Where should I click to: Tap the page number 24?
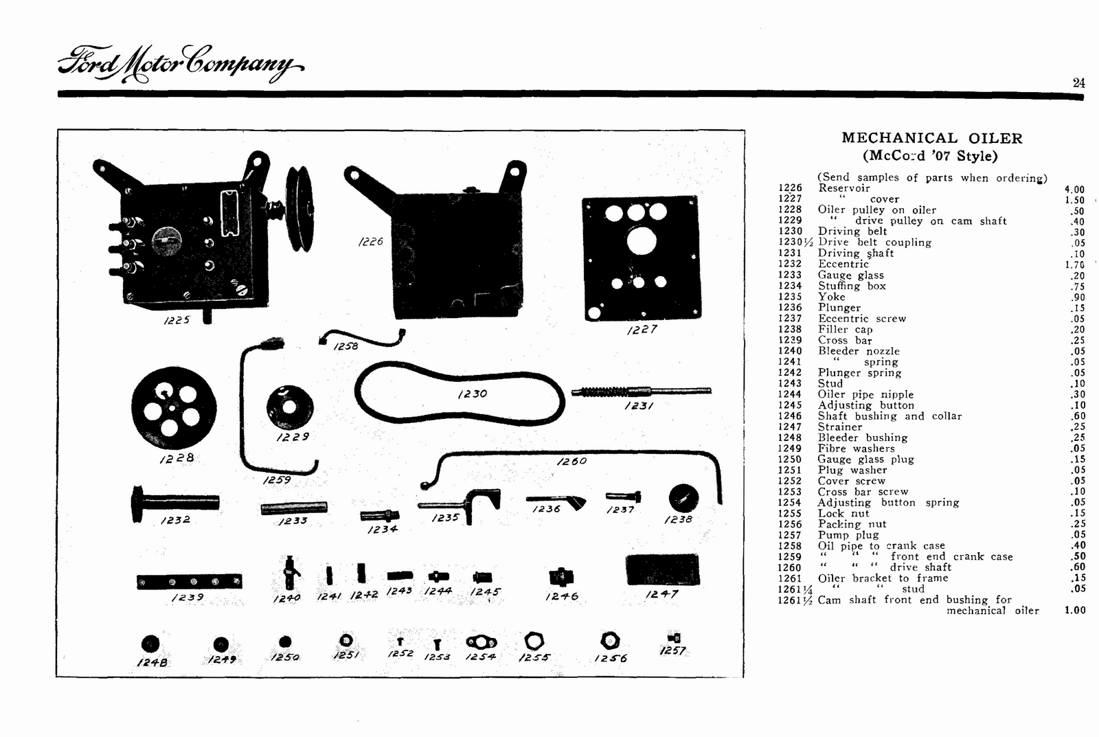(x=1078, y=82)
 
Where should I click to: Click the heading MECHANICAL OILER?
(x=931, y=138)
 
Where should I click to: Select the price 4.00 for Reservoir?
(x=1074, y=190)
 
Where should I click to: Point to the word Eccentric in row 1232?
(x=843, y=264)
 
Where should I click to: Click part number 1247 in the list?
(x=789, y=427)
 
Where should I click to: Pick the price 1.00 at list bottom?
(x=1074, y=610)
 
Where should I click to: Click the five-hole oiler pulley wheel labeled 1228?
(x=173, y=408)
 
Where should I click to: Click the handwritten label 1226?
(x=370, y=242)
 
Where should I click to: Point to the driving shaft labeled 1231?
(x=640, y=392)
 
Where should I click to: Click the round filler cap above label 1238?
(x=683, y=498)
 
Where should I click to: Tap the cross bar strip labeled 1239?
(x=189, y=582)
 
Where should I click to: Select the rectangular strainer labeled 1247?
(x=662, y=571)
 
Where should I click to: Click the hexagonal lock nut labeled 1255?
(x=534, y=642)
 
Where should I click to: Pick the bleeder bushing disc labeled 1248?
(x=150, y=644)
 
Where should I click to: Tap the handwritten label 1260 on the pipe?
(x=571, y=461)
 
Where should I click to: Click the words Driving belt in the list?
(x=852, y=231)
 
